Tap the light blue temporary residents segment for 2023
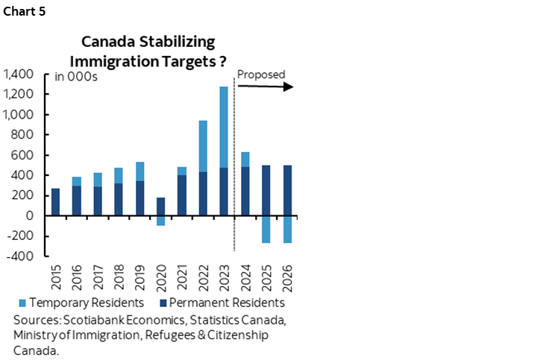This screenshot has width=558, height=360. [x=223, y=127]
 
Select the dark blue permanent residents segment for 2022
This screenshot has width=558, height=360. [x=202, y=193]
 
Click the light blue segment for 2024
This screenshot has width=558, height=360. [x=245, y=159]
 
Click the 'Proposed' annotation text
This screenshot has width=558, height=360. [x=261, y=75]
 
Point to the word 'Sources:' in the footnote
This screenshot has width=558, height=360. [x=35, y=320]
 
